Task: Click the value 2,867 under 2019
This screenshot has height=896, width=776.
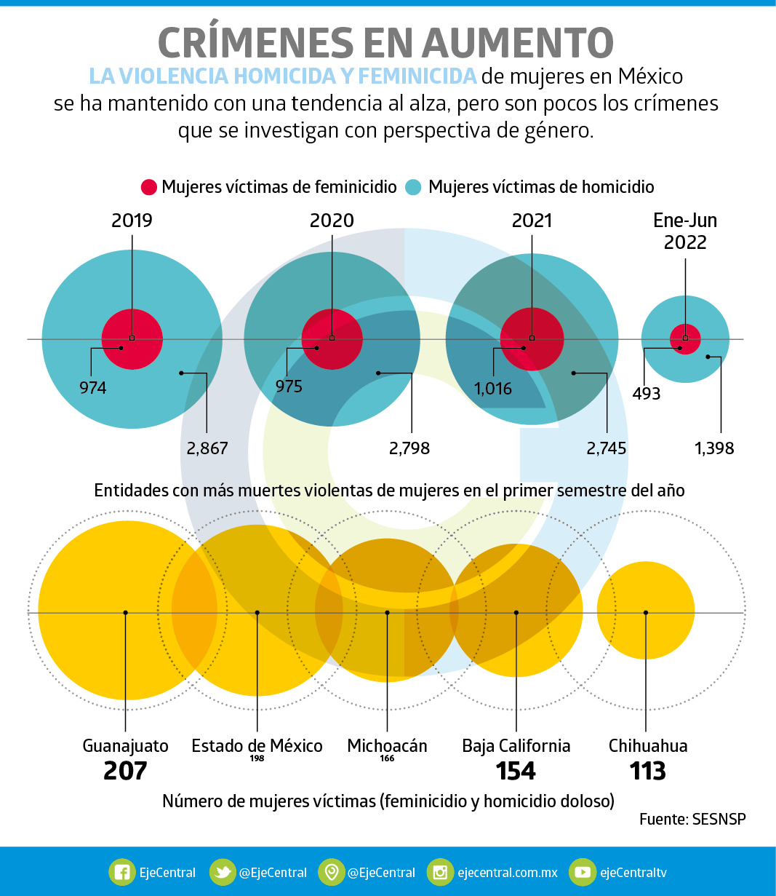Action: (207, 448)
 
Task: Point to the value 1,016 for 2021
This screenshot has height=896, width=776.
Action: (493, 389)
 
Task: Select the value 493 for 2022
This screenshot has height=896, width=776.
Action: (647, 394)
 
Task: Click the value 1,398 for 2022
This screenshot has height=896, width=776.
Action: (714, 448)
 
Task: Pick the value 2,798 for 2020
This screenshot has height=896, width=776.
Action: (409, 448)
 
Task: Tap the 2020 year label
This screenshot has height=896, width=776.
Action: (332, 221)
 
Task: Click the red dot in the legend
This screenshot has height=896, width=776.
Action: (148, 187)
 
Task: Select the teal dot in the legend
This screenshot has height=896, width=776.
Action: (413, 187)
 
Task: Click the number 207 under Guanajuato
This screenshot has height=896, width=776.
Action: (125, 771)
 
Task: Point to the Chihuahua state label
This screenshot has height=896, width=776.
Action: (648, 746)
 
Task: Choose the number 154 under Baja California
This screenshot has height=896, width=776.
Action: (516, 771)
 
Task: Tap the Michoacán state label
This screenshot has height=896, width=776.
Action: (387, 746)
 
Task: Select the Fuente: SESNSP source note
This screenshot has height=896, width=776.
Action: (692, 819)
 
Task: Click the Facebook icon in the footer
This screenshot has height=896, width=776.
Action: (122, 872)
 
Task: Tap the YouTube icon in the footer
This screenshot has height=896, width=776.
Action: (582, 872)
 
